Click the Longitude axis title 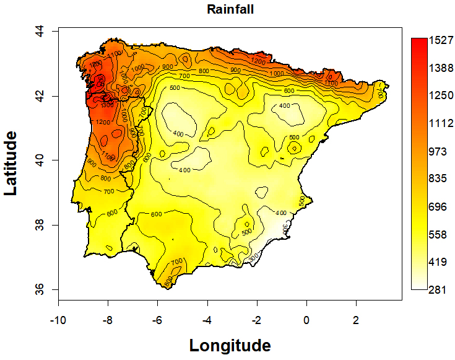[230, 345]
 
